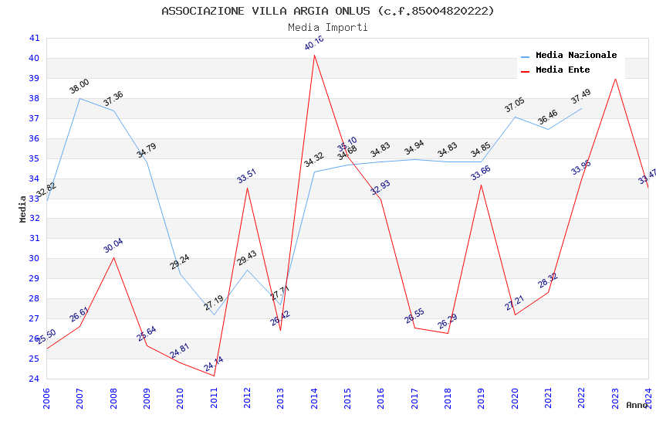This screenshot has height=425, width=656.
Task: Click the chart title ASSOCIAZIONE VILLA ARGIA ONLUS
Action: pos(327,11)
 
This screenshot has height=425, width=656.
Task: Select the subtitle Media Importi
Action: pos(327,27)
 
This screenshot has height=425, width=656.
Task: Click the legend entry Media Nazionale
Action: pos(576,56)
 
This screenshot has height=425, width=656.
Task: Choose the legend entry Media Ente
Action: pos(563,70)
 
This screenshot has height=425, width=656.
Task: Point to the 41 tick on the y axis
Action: pos(35,38)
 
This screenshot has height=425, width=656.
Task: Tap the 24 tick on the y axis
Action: pos(35,379)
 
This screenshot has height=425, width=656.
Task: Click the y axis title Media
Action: pos(23,209)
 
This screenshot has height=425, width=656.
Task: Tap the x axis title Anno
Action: pos(637,405)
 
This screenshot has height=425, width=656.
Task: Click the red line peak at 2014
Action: pos(314,55)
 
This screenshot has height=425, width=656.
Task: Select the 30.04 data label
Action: pos(113,246)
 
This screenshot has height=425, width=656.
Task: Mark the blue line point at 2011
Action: pos(214,314)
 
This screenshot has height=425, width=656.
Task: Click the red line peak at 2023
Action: pos(615,78)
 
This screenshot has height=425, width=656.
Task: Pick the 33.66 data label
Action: pos(481,173)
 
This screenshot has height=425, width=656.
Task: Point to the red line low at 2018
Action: pos(448,333)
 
